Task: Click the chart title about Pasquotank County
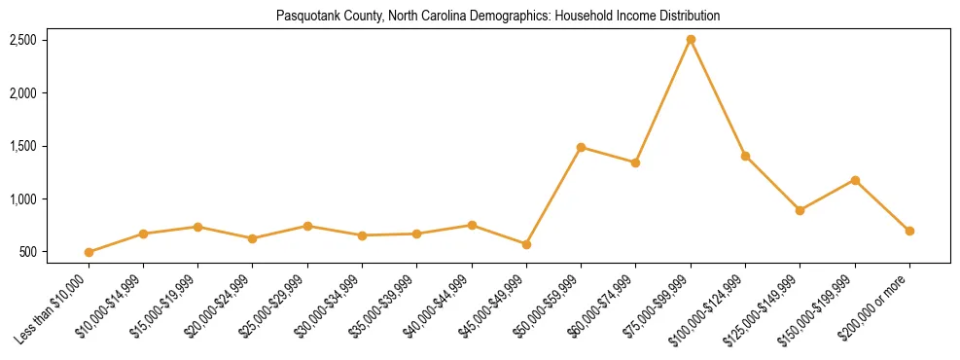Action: coord(498,17)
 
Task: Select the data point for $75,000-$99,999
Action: coord(691,40)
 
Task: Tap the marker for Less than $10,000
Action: coord(89,252)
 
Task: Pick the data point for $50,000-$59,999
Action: coord(581,148)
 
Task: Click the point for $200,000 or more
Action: coord(909,231)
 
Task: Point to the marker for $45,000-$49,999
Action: coord(526,244)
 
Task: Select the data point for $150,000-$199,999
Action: coord(855,180)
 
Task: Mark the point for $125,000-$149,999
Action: coord(800,210)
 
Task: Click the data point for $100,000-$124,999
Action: coord(745,156)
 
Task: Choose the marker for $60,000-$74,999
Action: coord(635,162)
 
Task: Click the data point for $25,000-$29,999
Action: coord(307,226)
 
